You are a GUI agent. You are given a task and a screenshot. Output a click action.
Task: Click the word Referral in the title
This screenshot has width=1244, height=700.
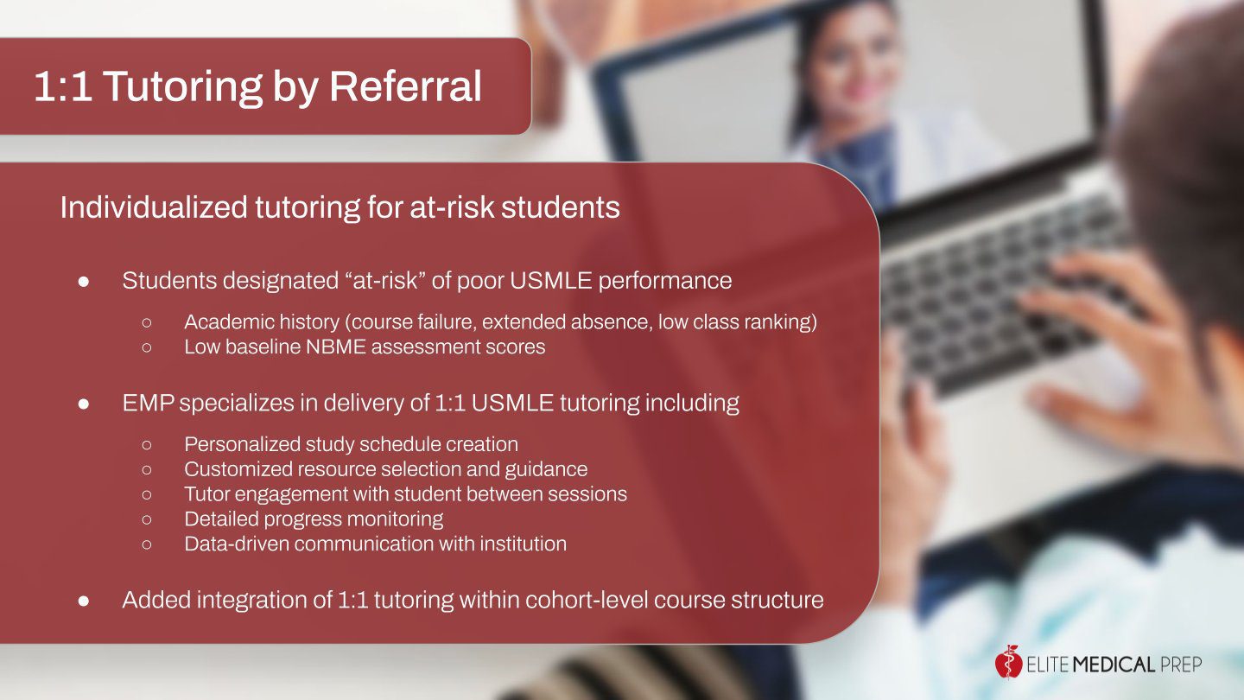(x=405, y=86)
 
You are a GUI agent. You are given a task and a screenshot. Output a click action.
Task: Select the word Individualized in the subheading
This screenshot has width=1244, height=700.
(x=154, y=207)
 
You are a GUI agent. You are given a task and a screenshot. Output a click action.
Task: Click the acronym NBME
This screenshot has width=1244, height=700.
(x=335, y=347)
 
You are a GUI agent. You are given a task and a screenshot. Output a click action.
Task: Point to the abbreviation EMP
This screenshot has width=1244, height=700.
(x=149, y=403)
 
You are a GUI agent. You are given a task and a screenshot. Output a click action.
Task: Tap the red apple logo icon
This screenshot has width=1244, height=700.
(x=1008, y=662)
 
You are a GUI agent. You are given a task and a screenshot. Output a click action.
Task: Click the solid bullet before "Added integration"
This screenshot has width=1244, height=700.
(x=84, y=601)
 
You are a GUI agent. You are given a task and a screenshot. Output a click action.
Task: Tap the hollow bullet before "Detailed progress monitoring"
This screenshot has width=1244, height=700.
(x=147, y=519)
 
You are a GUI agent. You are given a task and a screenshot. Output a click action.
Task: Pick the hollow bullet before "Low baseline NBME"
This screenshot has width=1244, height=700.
(x=147, y=347)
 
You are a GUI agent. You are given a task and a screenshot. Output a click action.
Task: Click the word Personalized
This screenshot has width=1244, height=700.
(x=242, y=444)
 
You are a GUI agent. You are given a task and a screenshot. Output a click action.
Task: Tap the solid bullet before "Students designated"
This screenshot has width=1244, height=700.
(x=84, y=281)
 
